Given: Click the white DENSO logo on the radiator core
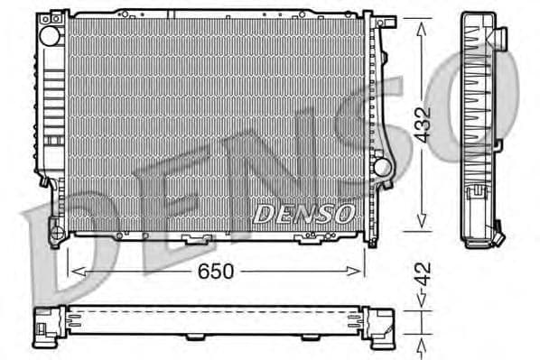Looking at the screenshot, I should pyautogui.click(x=303, y=214).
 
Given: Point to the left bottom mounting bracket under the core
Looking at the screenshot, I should pyautogui.click(x=194, y=240).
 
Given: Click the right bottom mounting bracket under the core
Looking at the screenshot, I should pyautogui.click(x=309, y=240).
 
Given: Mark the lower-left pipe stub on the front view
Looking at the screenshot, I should pyautogui.click(x=56, y=236).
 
